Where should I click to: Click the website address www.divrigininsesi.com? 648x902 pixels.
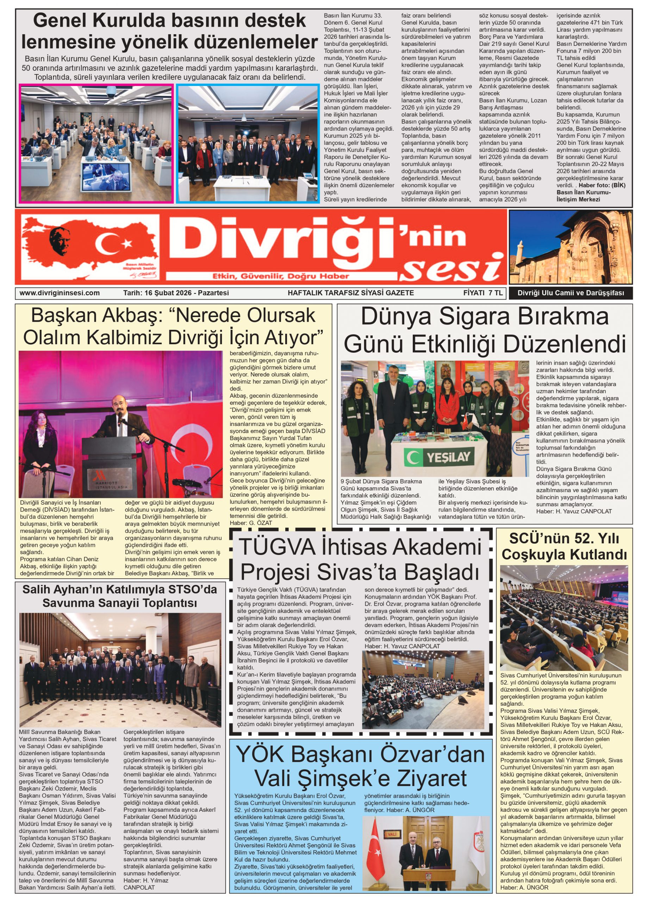[x=59, y=293]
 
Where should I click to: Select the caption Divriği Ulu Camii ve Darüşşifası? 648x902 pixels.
[x=571, y=293]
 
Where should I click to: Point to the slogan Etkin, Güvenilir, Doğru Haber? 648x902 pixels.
[x=281, y=276]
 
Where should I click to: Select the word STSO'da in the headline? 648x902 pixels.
[x=194, y=589]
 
